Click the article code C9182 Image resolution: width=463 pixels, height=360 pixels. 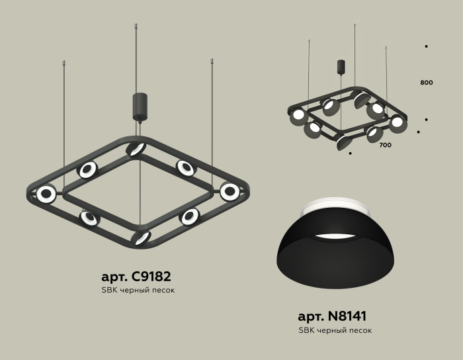pos(157,277)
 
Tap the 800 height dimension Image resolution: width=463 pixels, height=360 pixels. pos(426,83)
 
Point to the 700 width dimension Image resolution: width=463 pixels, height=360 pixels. pos(386,144)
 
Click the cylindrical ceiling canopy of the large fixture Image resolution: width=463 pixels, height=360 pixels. pos(140,106)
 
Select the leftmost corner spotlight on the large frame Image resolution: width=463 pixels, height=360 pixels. pos(46,194)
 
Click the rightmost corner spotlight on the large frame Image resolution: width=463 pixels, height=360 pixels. pos(230,192)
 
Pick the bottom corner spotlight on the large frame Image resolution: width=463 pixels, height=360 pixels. pos(141,238)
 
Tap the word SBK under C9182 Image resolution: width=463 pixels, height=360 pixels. pos(110,290)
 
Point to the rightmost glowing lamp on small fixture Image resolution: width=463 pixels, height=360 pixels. pos(397,122)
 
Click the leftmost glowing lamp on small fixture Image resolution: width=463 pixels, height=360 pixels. pos(298,115)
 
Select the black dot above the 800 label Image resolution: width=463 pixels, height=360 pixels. pos(426,46)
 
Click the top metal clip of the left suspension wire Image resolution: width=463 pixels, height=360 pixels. pos(64,64)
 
